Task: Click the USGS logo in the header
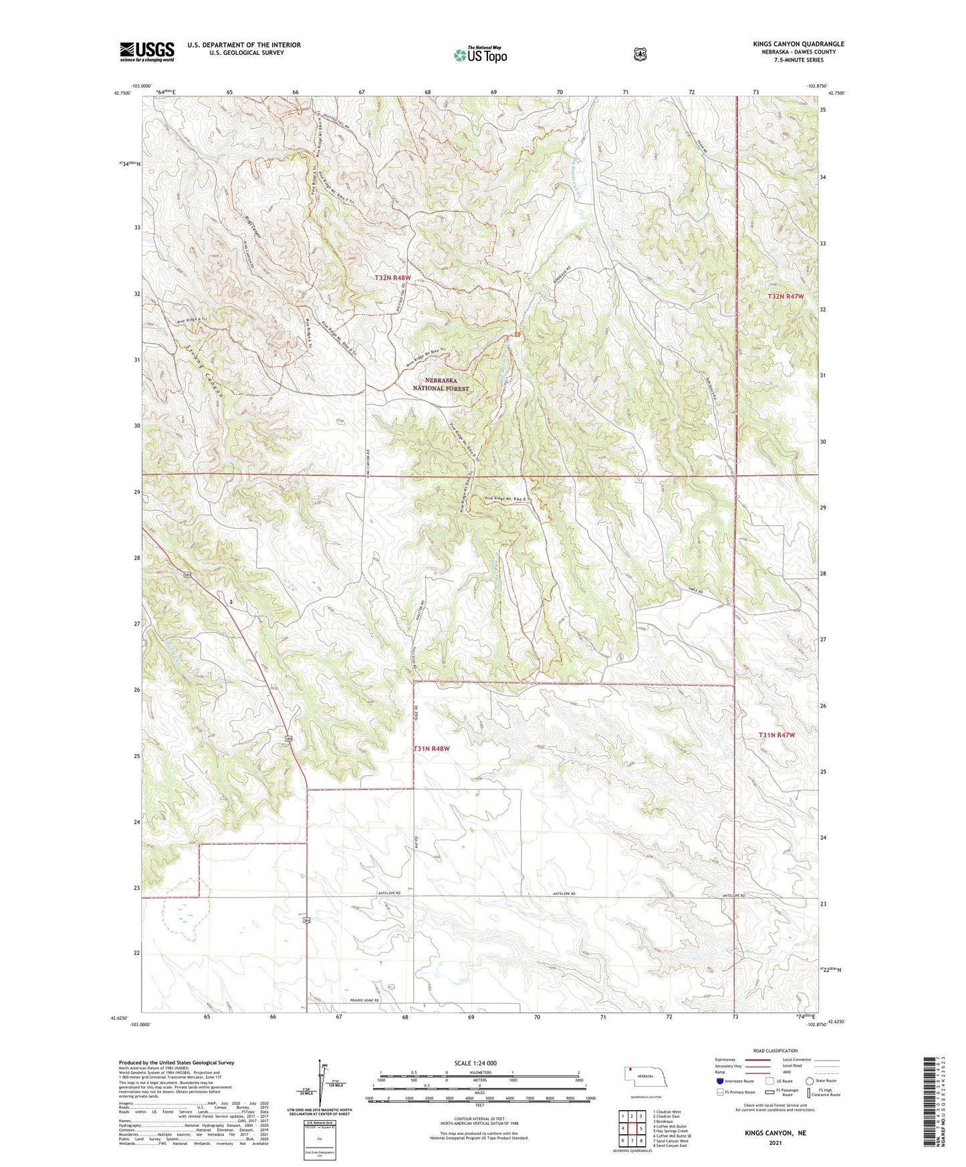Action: click(147, 51)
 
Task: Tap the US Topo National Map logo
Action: click(479, 54)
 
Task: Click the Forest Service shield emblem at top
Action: click(640, 54)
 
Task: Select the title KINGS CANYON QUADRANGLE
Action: click(798, 44)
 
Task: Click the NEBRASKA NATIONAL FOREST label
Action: click(441, 384)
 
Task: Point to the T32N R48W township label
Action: click(392, 277)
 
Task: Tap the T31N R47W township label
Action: click(776, 735)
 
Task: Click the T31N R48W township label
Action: click(431, 749)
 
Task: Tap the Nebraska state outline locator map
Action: click(644, 1077)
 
